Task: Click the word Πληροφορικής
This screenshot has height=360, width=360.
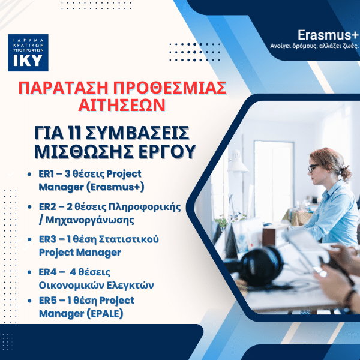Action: click(x=147, y=206)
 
